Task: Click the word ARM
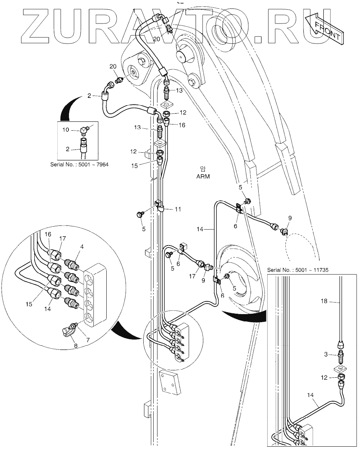click(x=203, y=177)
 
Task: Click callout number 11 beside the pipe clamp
click(x=177, y=209)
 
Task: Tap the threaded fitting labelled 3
click(x=341, y=353)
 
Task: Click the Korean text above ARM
click(x=203, y=168)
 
